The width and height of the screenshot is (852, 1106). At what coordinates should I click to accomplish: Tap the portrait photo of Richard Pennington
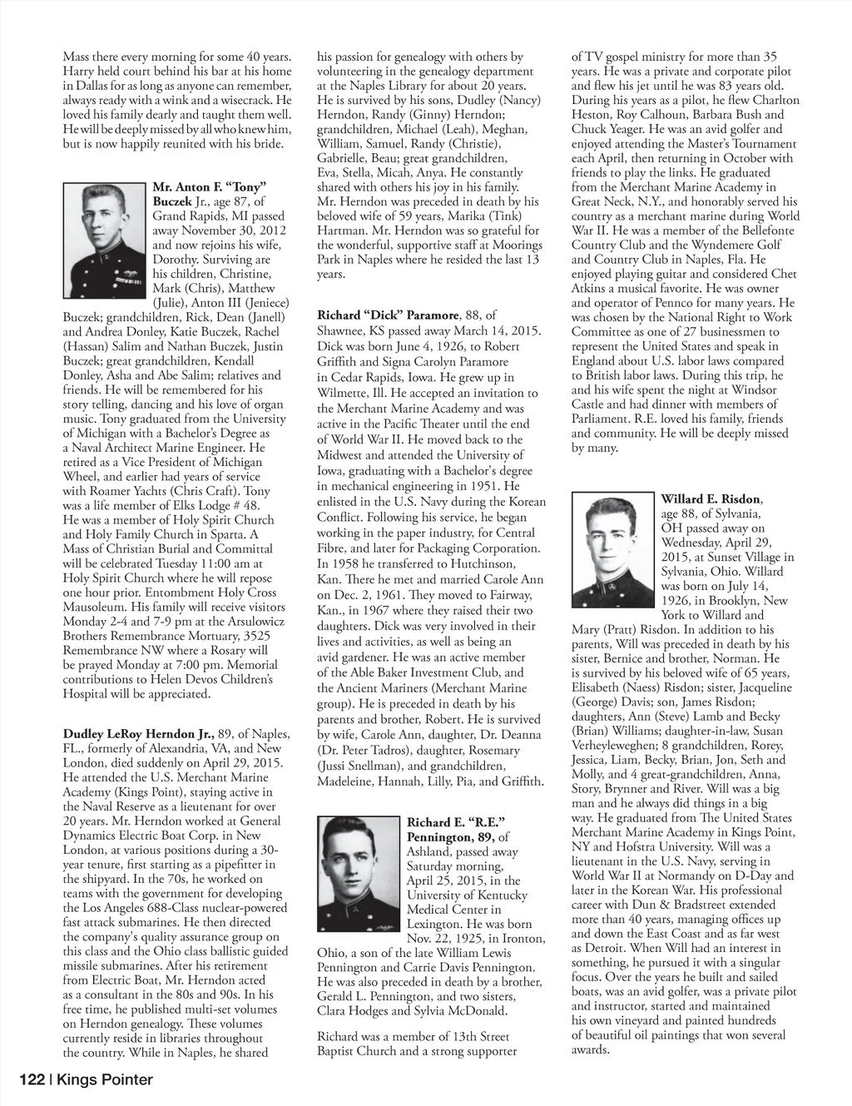click(x=358, y=875)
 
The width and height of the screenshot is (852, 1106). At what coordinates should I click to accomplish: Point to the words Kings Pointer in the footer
click(x=105, y=1080)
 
